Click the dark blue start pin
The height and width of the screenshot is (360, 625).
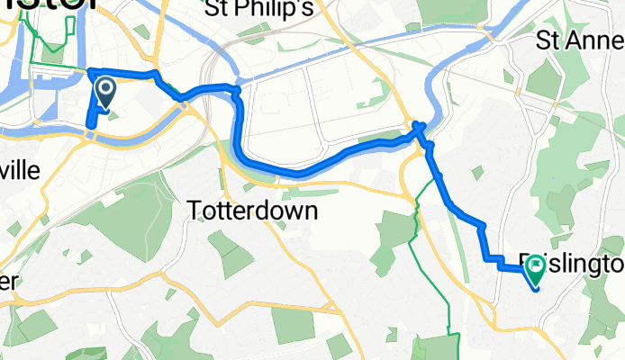(105, 91)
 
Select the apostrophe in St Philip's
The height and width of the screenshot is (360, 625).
(303, 5)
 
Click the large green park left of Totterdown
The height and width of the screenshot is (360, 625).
(135, 216)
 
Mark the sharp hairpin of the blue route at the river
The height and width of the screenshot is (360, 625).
(418, 127)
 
